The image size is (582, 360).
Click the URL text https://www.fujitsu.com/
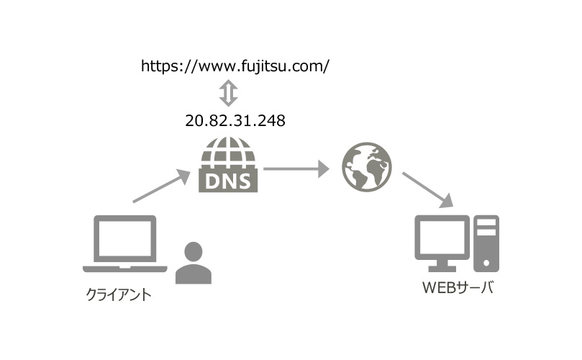[235, 66]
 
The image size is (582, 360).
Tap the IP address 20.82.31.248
[235, 120]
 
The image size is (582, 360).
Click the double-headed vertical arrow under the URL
[228, 93]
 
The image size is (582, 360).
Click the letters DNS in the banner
[228, 181]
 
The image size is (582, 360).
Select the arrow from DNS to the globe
[296, 170]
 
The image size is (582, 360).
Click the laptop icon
[125, 244]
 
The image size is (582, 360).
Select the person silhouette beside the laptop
[194, 264]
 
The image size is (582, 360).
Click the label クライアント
[118, 294]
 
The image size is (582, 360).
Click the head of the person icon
[194, 252]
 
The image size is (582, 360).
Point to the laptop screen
[125, 239]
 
